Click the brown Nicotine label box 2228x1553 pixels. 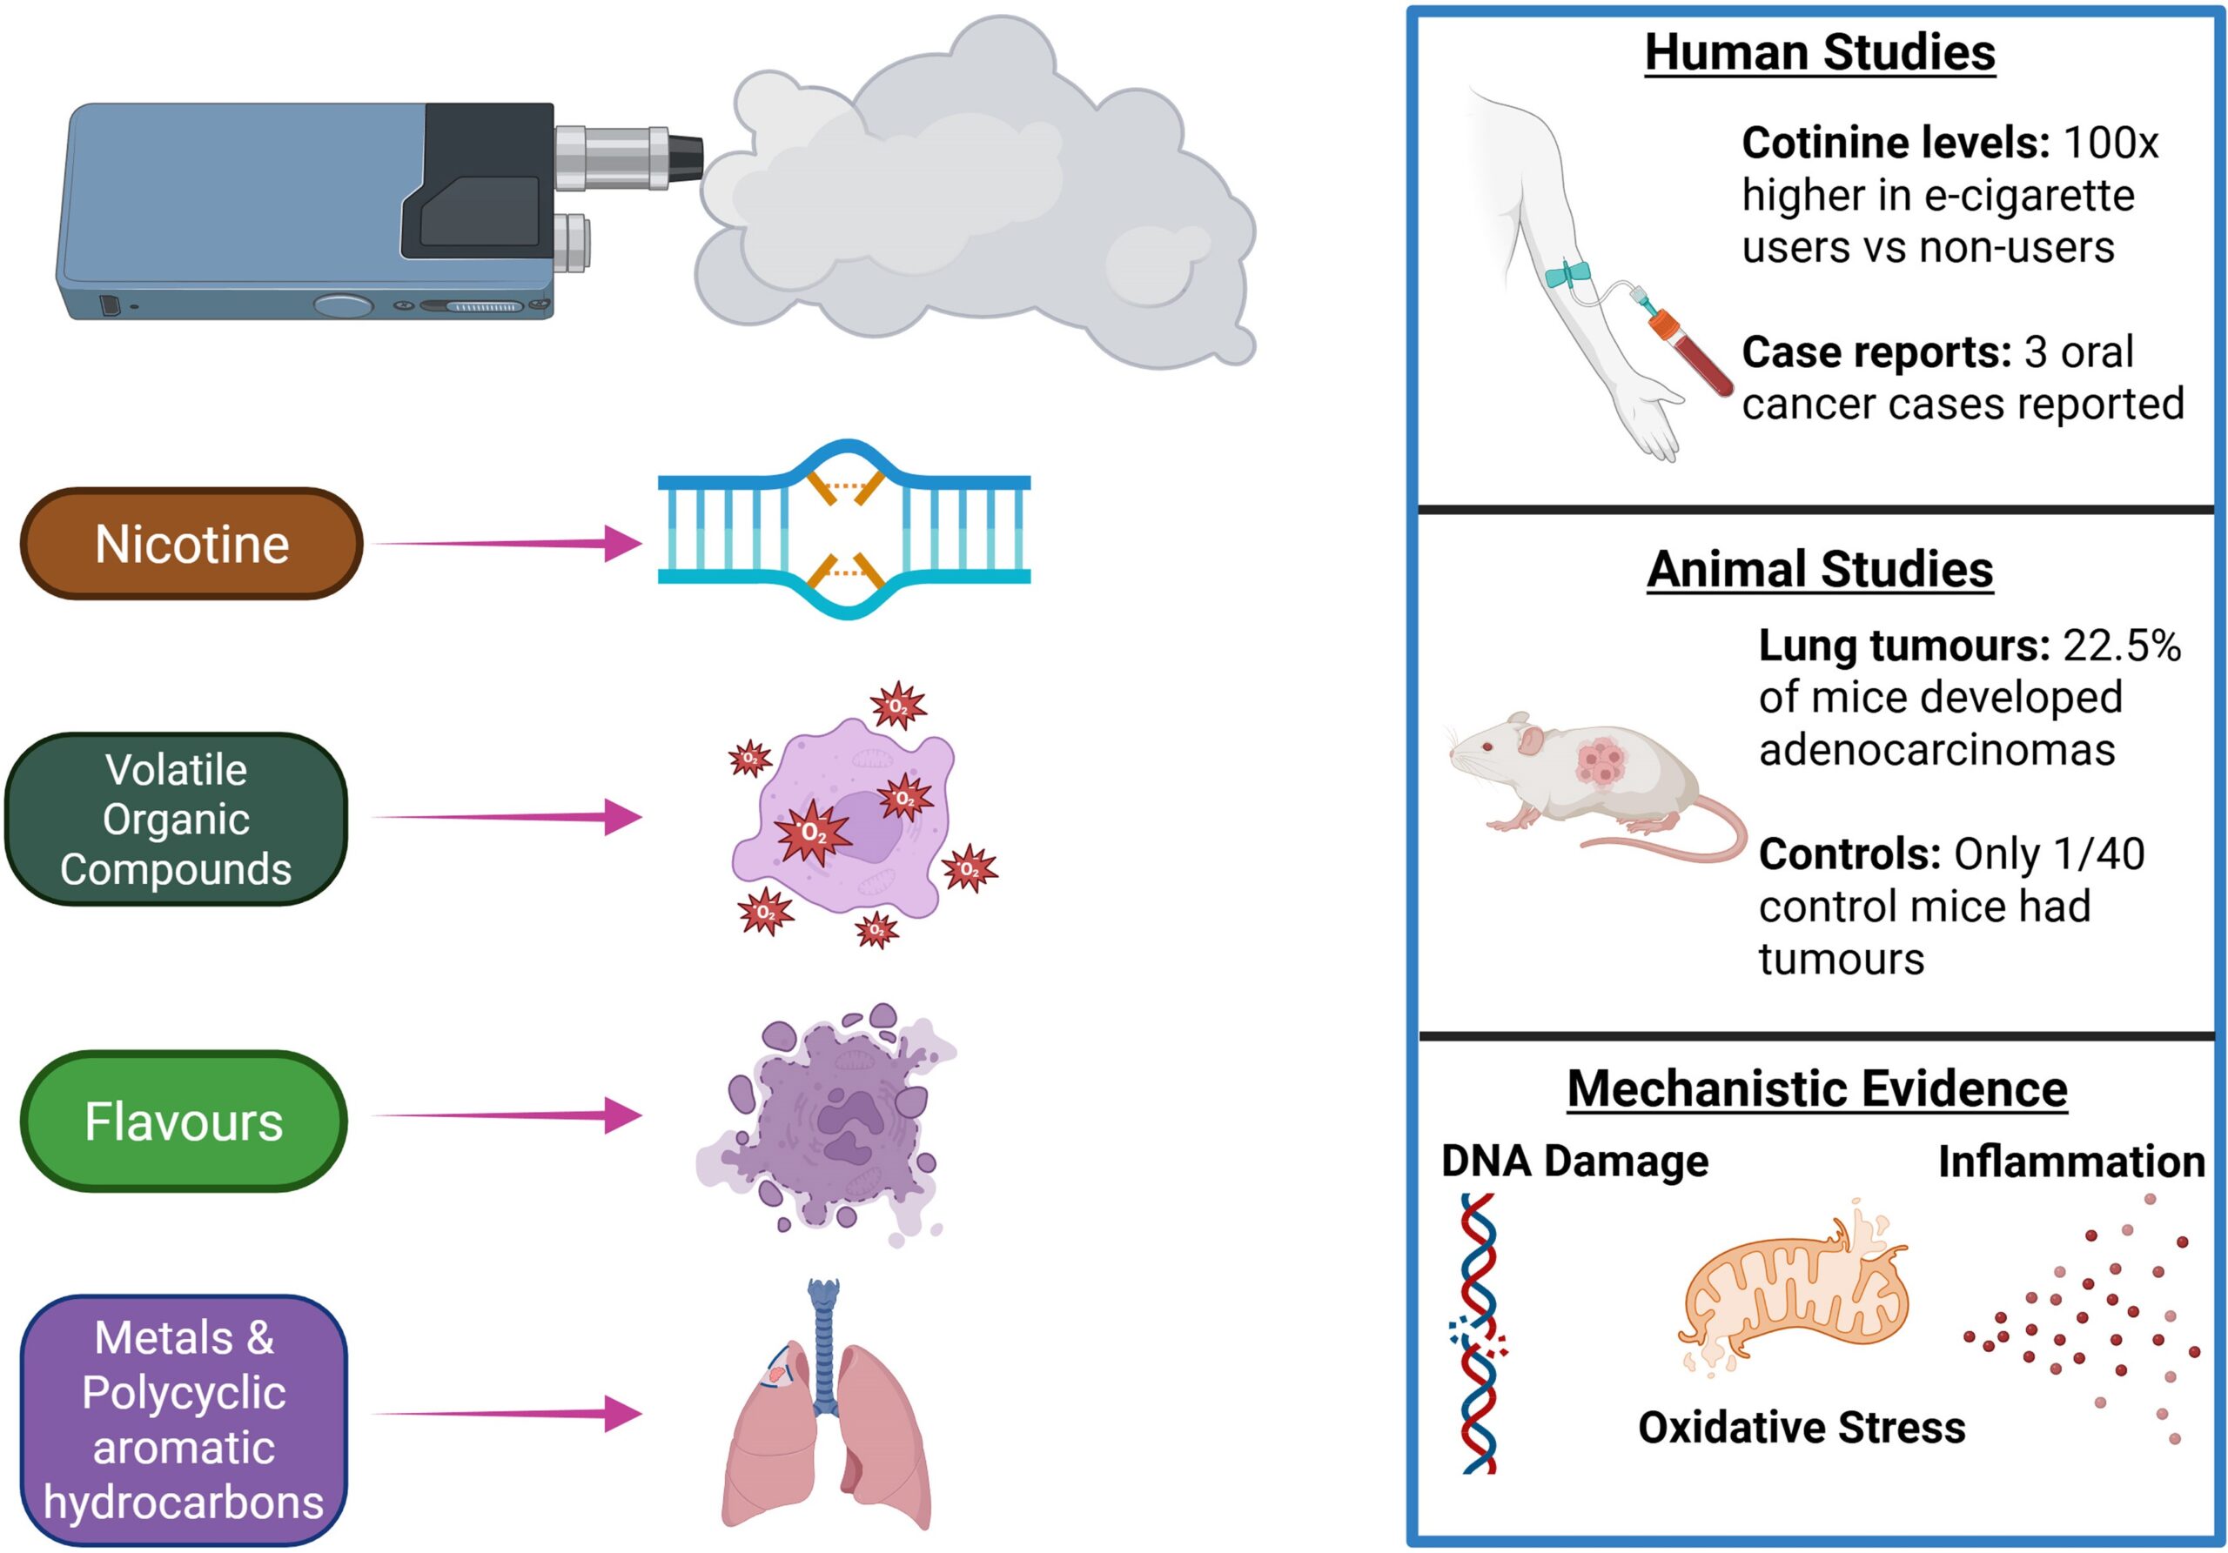pyautogui.click(x=191, y=544)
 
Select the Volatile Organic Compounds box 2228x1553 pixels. pyautogui.click(x=176, y=820)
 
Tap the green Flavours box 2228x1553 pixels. pyautogui.click(x=184, y=1121)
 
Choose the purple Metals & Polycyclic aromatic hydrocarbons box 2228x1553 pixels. pyautogui.click(x=184, y=1419)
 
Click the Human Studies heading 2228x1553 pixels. pyautogui.click(x=1820, y=52)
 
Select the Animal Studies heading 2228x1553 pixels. pyautogui.click(x=1820, y=569)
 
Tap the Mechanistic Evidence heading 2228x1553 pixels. pyautogui.click(x=1816, y=1088)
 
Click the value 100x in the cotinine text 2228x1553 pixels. pyautogui.click(x=2111, y=144)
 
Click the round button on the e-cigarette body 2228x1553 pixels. pyautogui.click(x=343, y=306)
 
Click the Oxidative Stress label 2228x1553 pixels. pyautogui.click(x=1801, y=1428)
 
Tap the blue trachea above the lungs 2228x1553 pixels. pyautogui.click(x=824, y=1349)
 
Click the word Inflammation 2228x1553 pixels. pyautogui.click(x=2070, y=1162)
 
